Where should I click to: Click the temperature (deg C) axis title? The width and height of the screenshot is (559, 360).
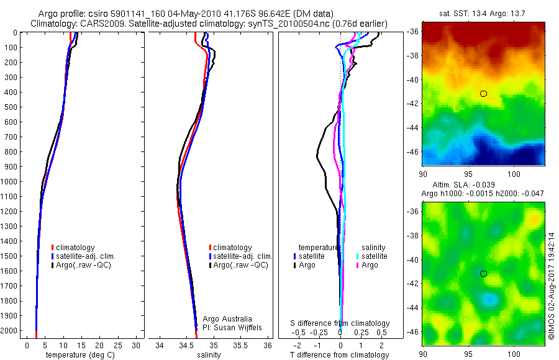pyautogui.click(x=78, y=355)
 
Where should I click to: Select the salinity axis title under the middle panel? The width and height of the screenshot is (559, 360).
pyautogui.click(x=209, y=355)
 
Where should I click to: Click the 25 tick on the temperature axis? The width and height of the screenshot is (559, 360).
pyautogui.click(x=117, y=345)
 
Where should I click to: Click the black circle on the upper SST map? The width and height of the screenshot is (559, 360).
pyautogui.click(x=483, y=94)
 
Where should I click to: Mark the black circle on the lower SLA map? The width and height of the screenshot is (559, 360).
pyautogui.click(x=483, y=274)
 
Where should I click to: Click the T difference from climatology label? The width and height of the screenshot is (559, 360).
pyautogui.click(x=340, y=355)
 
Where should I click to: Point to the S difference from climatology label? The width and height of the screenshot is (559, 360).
pyautogui.click(x=340, y=323)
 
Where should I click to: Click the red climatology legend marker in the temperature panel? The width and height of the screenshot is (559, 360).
pyautogui.click(x=53, y=248)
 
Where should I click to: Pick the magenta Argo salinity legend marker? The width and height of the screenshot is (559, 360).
pyautogui.click(x=358, y=265)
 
